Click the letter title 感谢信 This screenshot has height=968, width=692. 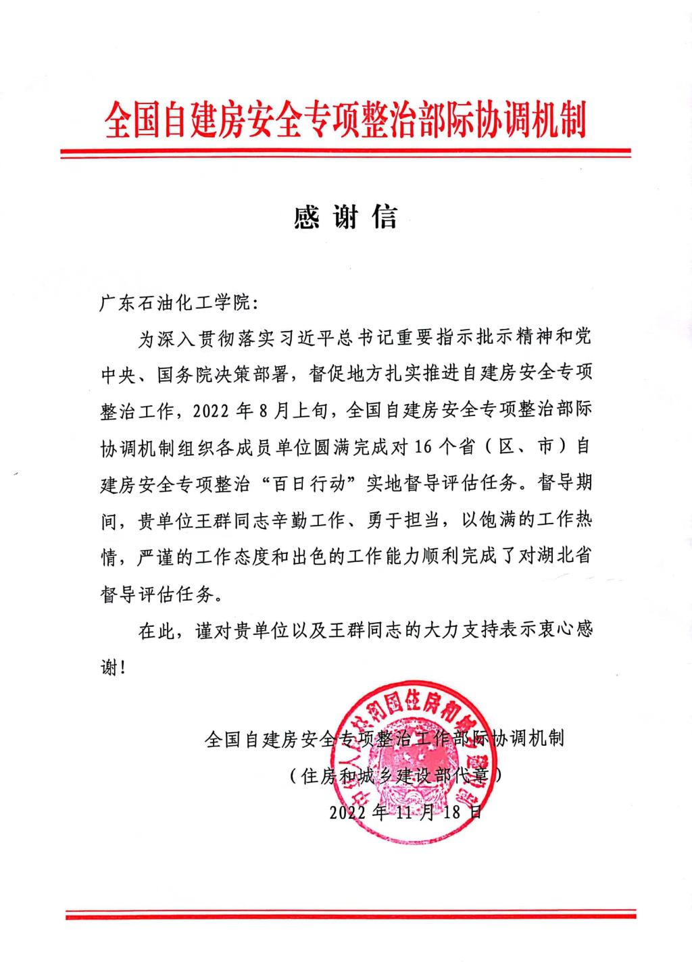[345, 216]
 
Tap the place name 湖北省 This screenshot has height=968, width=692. [571, 556]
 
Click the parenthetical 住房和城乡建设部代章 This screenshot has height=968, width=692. [395, 775]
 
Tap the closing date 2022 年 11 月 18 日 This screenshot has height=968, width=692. [405, 811]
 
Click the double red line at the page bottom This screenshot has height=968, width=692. [350, 915]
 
